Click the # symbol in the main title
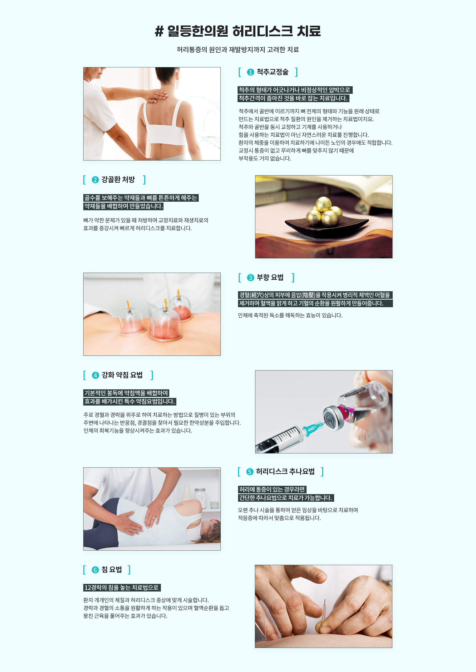coord(159,31)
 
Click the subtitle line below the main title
coord(238,50)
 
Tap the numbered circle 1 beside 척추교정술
coord(250,72)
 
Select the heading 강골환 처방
coord(118,180)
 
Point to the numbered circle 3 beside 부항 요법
coord(250,278)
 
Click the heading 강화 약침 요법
coord(122,375)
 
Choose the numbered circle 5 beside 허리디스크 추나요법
coord(250,471)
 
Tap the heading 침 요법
coord(111,569)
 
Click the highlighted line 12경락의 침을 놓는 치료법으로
coord(122,587)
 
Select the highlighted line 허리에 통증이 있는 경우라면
coord(272,489)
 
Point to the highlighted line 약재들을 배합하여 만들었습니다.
coord(123,206)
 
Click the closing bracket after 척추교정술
coord(296,72)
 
